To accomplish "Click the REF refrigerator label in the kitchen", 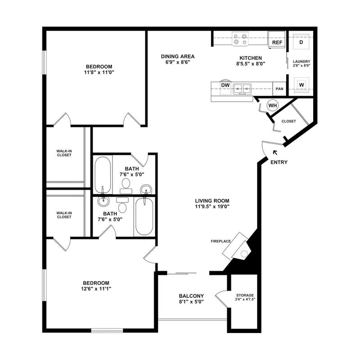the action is click(277, 42).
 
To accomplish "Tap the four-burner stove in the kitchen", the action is click(240, 39).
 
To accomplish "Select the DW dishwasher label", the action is click(225, 85).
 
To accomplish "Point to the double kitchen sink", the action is click(242, 89).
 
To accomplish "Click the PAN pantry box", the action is click(279, 89).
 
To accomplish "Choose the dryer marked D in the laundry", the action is click(301, 42).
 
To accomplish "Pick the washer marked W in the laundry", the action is click(301, 85).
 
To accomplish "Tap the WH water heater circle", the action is click(273, 105).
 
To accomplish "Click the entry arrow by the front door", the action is click(275, 153).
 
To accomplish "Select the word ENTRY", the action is click(279, 162).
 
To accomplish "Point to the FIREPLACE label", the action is click(220, 241).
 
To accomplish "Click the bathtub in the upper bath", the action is click(103, 175).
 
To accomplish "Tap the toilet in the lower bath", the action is click(122, 205).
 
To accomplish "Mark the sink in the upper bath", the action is click(146, 189).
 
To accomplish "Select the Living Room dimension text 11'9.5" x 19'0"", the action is click(212, 207).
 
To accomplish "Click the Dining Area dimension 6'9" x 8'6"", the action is click(178, 62).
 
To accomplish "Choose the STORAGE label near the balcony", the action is click(245, 295).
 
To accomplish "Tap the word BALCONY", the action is click(191, 296).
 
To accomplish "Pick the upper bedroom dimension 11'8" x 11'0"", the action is click(99, 72).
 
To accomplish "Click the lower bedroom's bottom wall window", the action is click(107, 331).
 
